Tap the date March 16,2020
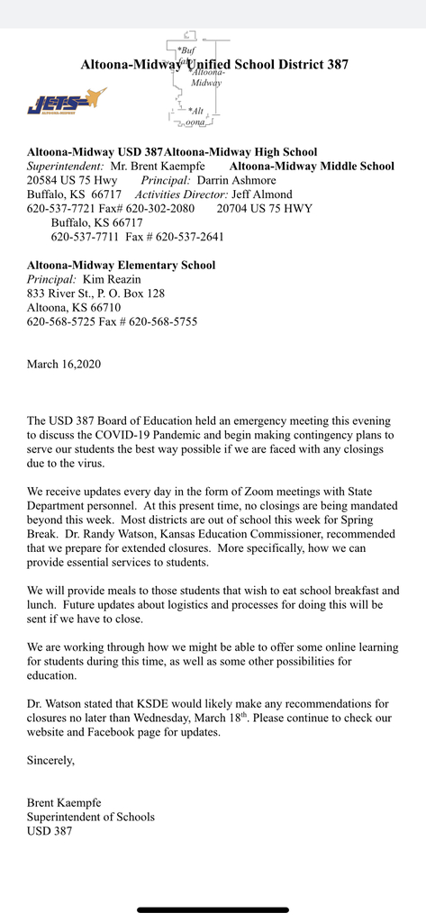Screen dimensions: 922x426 pos(63,364)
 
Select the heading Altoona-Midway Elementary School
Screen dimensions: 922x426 pos(121,265)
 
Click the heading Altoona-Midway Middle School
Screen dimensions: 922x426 pos(312,166)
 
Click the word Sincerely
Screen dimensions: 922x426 pos(50,760)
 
